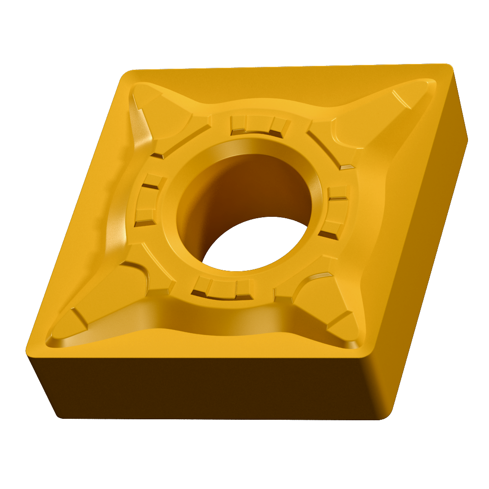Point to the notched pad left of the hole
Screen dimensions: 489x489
[148, 201]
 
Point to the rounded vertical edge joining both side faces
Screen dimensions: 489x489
[382, 382]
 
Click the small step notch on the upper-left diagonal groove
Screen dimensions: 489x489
[158, 155]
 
